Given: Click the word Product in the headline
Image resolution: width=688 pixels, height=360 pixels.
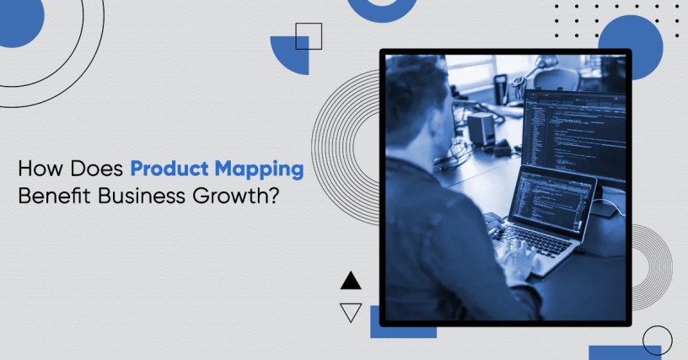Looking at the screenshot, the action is pos(169,169).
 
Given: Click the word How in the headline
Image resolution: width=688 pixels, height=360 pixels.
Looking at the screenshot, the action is pos(40,169).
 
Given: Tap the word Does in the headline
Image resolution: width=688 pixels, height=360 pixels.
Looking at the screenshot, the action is pos(96,169).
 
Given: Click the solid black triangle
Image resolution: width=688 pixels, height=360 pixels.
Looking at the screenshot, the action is pos(351,281).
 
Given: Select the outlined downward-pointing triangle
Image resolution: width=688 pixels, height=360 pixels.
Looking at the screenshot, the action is pos(351,312).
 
